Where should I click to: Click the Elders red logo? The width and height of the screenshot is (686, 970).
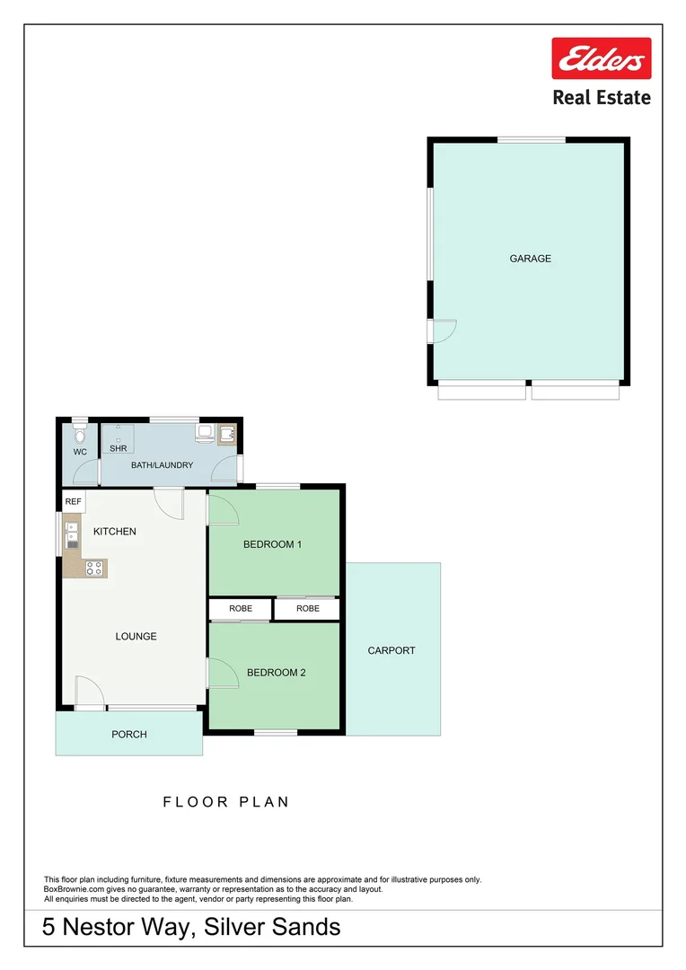click(601, 60)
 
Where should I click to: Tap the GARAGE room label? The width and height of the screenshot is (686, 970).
click(530, 259)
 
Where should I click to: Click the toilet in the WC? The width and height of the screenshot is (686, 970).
click(80, 433)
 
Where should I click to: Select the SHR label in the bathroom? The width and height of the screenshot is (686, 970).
click(118, 447)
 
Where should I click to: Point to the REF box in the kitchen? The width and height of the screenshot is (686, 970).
click(74, 501)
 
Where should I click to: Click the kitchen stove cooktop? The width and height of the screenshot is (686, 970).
click(94, 567)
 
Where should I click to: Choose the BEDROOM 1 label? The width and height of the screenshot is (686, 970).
click(272, 544)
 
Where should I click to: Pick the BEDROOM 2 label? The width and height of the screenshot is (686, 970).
click(276, 672)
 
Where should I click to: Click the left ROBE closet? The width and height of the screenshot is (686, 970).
click(240, 609)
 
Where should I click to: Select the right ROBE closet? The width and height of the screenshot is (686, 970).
click(307, 609)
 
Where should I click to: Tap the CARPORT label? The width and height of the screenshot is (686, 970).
click(391, 650)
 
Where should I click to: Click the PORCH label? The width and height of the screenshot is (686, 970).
click(128, 735)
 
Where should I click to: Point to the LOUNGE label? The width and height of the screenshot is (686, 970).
click(136, 636)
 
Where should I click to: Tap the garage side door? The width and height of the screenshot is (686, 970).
click(443, 331)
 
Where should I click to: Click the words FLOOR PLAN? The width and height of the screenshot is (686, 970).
click(225, 802)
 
